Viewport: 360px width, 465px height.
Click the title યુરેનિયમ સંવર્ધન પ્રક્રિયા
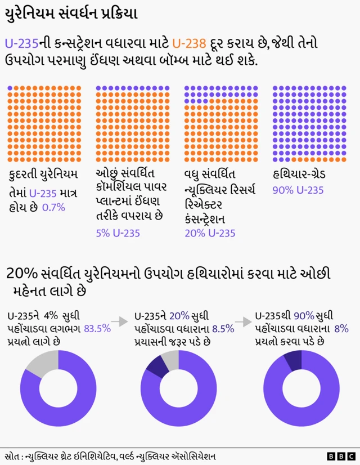[70, 14]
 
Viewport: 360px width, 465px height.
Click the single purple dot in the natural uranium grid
[10, 88]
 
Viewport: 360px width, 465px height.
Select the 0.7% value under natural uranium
[54, 207]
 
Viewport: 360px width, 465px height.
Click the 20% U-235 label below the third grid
[210, 233]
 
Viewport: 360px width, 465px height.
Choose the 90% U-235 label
[298, 190]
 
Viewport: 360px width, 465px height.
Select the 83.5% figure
[97, 328]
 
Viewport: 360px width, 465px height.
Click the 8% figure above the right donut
[341, 329]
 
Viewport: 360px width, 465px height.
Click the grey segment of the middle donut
[170, 359]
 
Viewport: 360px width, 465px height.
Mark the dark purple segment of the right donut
[292, 359]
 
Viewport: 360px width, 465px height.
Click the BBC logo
[341, 456]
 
